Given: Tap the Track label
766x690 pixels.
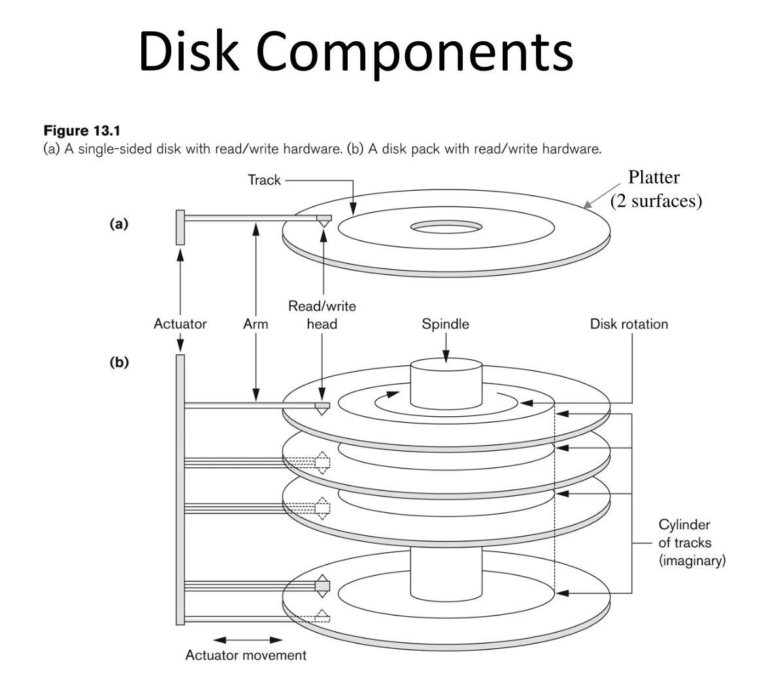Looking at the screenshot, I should click(264, 180).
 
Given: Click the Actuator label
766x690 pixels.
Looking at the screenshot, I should click(180, 323).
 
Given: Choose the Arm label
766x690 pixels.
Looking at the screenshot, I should click(256, 323).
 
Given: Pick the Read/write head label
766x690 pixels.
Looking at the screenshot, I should click(322, 315).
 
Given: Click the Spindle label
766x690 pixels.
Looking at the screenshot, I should click(445, 323).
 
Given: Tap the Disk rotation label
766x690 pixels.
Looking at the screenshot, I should click(629, 323).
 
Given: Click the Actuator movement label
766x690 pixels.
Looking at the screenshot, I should click(246, 655).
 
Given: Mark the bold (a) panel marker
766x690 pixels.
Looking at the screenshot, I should click(118, 223).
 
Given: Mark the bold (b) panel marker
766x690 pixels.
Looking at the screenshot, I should click(118, 363).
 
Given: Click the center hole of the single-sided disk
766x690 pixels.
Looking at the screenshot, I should click(446, 227).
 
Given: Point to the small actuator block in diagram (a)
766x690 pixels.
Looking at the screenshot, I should click(180, 227).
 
